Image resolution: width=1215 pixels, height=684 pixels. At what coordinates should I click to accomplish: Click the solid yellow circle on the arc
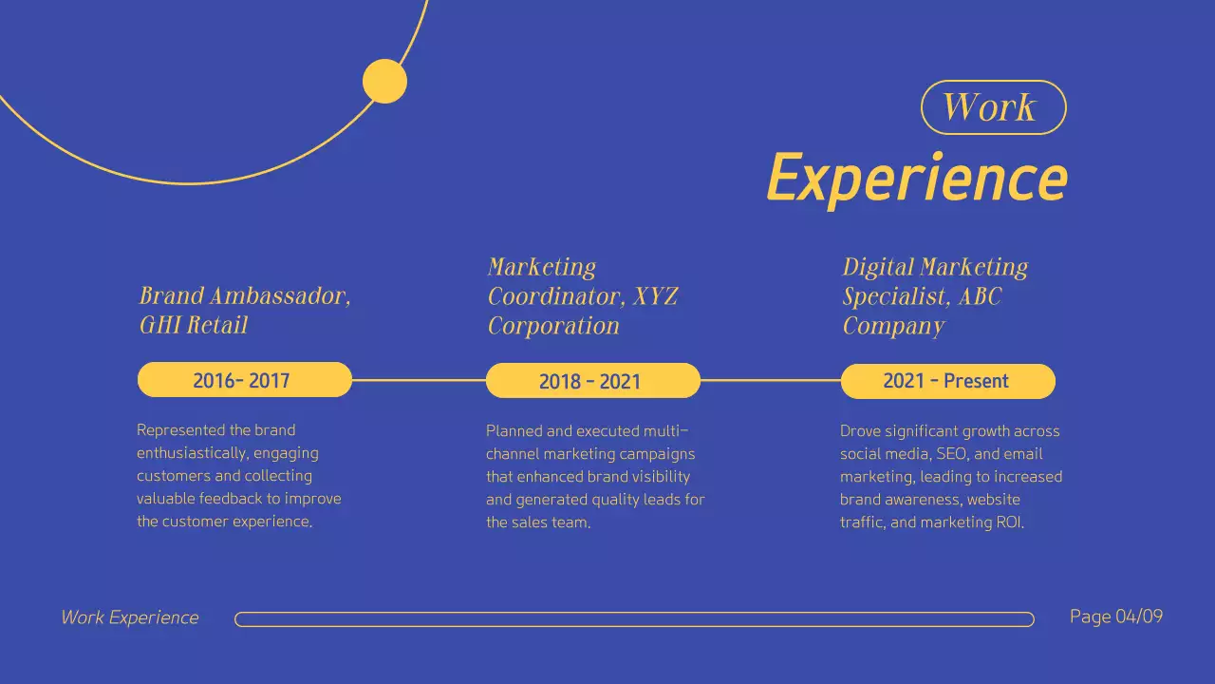point(384,81)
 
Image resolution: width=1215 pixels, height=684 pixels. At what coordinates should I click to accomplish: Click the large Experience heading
point(916,178)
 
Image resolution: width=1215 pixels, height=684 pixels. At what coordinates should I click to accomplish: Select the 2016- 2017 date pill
point(244,380)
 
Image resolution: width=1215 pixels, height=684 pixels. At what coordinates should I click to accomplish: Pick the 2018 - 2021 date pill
point(592,381)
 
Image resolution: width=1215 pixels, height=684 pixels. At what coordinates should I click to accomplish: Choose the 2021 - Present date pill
point(947,381)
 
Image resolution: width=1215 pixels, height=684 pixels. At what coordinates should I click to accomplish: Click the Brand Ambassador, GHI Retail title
point(245,310)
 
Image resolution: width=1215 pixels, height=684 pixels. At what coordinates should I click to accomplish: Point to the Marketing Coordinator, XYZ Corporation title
point(582,296)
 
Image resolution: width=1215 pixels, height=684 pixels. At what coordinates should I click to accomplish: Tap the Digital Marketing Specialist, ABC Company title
point(935,296)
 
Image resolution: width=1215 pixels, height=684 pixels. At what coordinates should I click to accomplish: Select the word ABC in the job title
point(980,296)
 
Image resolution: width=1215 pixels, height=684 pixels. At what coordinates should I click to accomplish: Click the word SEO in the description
point(954,454)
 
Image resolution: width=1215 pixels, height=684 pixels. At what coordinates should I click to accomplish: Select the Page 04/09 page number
point(1115,617)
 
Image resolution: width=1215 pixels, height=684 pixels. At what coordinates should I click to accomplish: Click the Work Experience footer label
point(130,617)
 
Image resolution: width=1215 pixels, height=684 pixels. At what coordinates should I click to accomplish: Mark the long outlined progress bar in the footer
point(634,619)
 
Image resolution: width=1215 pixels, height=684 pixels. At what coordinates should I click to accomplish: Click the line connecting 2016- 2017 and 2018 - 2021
point(419,380)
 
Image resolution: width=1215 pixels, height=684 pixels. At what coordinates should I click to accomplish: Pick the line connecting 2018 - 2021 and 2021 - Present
point(770,380)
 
